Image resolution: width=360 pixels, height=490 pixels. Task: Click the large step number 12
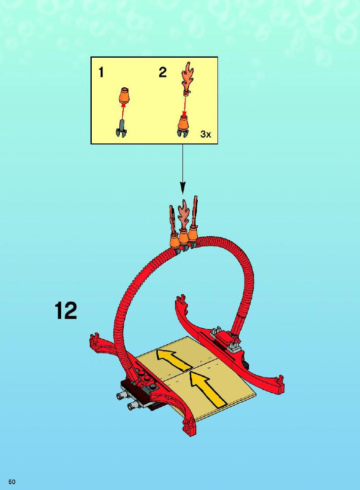click(x=66, y=310)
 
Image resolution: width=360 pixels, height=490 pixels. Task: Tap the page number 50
click(x=12, y=482)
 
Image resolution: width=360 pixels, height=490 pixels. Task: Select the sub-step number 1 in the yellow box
click(x=101, y=72)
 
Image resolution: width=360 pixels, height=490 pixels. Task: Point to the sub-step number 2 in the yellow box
click(x=163, y=72)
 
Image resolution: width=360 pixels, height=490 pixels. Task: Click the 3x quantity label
click(x=206, y=135)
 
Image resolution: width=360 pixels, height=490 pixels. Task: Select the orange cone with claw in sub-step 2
click(x=183, y=126)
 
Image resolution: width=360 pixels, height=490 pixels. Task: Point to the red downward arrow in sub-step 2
click(x=185, y=105)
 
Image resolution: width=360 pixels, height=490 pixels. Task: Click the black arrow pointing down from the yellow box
click(x=182, y=169)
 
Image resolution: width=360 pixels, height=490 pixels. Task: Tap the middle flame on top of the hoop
click(x=183, y=215)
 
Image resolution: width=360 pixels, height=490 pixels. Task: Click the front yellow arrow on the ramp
click(x=205, y=387)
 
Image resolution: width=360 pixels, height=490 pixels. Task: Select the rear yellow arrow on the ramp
click(x=174, y=360)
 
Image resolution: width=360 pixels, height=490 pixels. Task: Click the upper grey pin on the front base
click(x=121, y=396)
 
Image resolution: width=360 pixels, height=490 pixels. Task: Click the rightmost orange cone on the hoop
click(x=194, y=235)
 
